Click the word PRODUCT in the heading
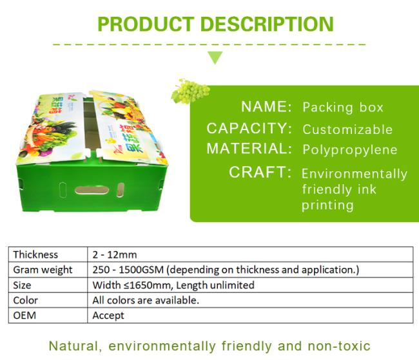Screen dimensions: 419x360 146,24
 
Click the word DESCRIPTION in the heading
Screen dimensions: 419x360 267,24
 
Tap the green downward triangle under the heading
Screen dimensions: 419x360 215,58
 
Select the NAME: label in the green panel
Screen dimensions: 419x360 266,106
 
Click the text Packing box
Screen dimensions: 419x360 343,108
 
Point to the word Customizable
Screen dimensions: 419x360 347,129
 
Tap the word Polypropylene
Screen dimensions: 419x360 350,150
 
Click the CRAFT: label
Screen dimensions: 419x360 260,172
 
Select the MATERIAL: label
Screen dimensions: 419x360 249,149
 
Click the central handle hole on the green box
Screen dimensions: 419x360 92,190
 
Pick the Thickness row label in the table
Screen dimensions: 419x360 35,255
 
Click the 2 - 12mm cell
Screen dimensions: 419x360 115,255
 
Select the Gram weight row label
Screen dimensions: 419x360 43,270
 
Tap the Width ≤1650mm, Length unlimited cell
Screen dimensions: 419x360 173,285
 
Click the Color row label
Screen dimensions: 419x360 25,301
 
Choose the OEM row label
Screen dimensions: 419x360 24,316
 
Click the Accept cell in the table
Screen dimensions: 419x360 108,316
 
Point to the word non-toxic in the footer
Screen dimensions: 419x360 339,346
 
